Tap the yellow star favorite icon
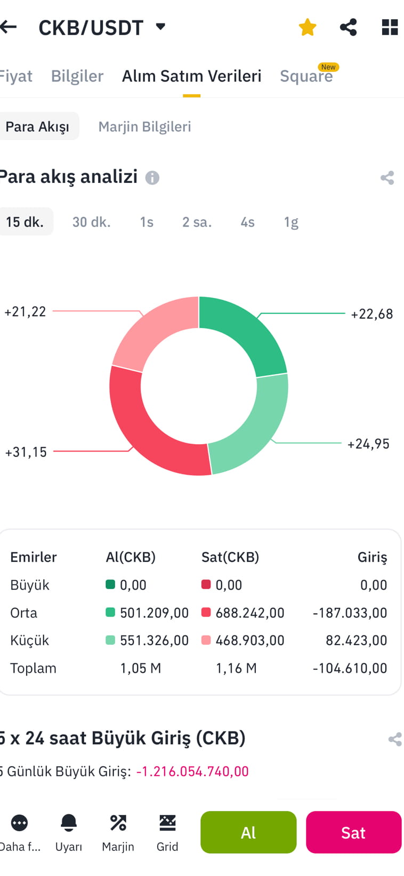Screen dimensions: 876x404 (308, 27)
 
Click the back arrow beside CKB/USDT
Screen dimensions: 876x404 (9, 27)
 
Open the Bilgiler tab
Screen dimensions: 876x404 (77, 76)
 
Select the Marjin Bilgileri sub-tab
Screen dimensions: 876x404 (144, 127)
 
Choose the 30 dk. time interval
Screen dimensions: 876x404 (91, 222)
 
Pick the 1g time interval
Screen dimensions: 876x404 (291, 222)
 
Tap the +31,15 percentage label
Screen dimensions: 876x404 (26, 452)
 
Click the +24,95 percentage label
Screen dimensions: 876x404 (368, 444)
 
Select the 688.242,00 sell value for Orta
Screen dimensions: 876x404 (249, 613)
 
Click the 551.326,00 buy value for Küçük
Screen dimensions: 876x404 (154, 640)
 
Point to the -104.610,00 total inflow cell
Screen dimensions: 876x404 (350, 668)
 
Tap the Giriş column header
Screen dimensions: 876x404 (372, 557)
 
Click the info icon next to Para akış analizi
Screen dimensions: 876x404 (152, 178)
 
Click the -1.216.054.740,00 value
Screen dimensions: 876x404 (192, 771)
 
